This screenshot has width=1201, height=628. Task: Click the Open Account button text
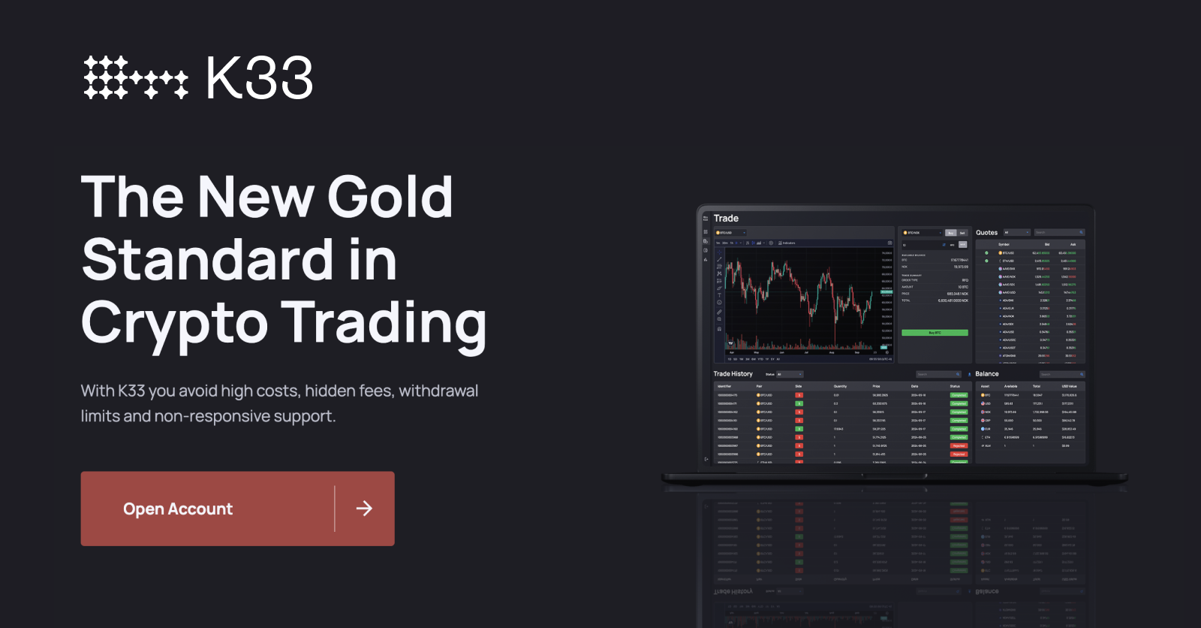[x=178, y=509]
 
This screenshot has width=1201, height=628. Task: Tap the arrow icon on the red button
[x=364, y=509]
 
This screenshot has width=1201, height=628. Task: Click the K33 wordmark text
[x=259, y=78]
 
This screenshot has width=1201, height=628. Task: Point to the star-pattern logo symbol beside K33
[x=135, y=77]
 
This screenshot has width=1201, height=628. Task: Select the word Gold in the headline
[x=390, y=197]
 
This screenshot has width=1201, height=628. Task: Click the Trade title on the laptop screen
[x=726, y=219]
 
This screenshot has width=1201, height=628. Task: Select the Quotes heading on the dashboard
[x=986, y=233]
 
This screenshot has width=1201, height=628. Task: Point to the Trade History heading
[x=733, y=374]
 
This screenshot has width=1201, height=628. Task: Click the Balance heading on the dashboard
[x=987, y=374]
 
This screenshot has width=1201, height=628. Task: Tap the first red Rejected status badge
[x=959, y=446]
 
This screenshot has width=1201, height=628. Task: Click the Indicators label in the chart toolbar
[x=788, y=243]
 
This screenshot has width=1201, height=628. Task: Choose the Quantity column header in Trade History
[x=840, y=386]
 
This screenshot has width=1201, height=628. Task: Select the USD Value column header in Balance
[x=1069, y=386]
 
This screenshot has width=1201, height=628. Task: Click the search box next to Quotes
[x=1059, y=233]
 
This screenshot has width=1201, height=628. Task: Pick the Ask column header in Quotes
[x=1073, y=244]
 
